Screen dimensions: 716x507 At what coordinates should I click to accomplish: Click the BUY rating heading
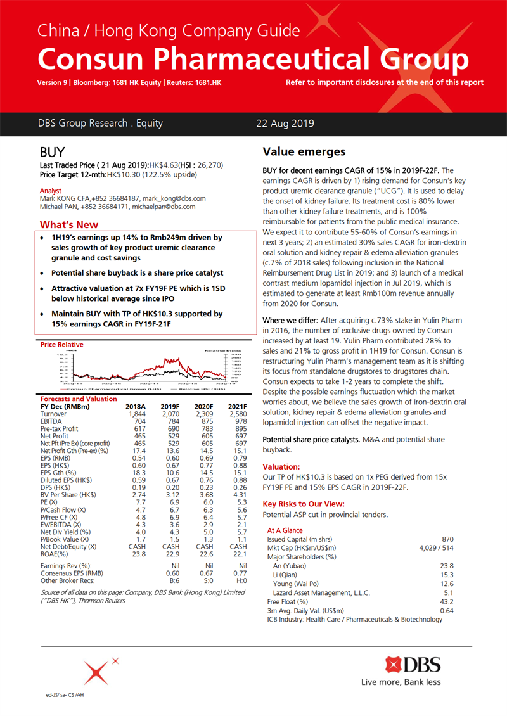tap(52, 153)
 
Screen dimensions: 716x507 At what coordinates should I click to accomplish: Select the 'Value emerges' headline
tap(304, 152)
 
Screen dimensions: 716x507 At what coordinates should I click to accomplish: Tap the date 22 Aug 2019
tap(285, 124)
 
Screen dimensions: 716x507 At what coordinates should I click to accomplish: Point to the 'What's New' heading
tap(69, 224)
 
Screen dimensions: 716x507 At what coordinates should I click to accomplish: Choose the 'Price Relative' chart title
tap(61, 345)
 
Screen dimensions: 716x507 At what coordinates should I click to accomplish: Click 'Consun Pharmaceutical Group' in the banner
tap(253, 59)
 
